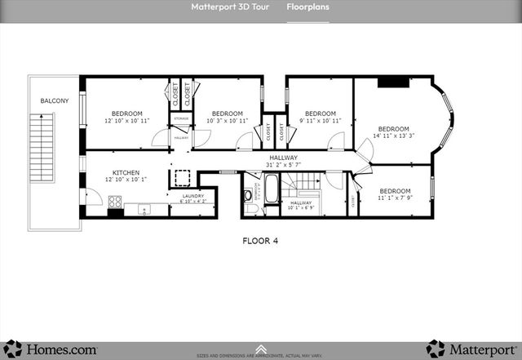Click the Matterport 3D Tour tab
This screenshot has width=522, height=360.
click(x=228, y=7)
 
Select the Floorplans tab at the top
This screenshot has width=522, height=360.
click(x=307, y=7)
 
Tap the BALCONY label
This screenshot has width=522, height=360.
click(x=55, y=101)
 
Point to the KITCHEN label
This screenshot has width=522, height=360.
click(x=126, y=172)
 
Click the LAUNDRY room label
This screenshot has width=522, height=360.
click(x=192, y=196)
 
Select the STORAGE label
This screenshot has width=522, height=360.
click(x=181, y=119)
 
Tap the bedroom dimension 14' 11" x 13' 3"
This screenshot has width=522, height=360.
click(x=393, y=136)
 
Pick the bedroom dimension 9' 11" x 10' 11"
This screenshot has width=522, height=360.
click(x=321, y=121)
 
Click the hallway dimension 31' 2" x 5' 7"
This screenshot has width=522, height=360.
click(x=284, y=165)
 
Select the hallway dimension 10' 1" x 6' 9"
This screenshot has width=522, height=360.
click(x=301, y=207)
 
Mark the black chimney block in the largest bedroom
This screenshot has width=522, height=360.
click(x=394, y=82)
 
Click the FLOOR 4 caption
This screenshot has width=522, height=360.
click(x=261, y=241)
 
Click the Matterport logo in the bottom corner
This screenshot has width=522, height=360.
click(x=471, y=349)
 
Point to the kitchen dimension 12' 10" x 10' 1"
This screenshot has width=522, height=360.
click(x=126, y=180)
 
